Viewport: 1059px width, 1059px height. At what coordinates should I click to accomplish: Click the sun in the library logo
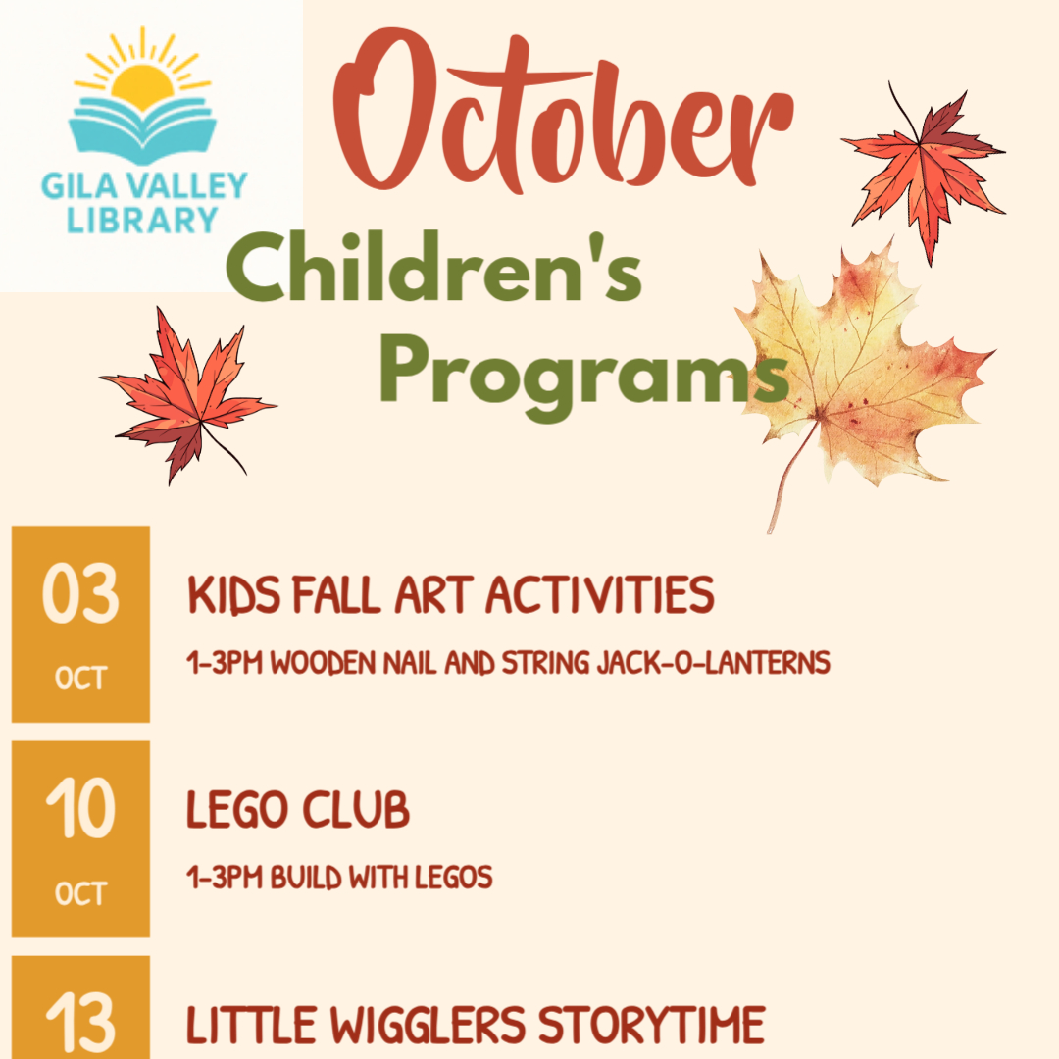tap(142, 75)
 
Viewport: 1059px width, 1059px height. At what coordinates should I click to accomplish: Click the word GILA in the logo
tap(71, 185)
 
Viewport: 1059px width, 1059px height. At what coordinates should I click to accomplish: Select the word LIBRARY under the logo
tap(142, 220)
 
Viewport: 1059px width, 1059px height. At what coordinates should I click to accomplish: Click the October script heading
tap(563, 112)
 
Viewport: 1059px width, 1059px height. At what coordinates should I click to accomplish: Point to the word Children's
tap(433, 268)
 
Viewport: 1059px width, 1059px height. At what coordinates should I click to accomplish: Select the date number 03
tap(80, 593)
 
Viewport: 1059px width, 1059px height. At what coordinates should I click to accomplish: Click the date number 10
tap(80, 808)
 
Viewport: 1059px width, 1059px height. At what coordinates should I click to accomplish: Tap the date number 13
tap(80, 1023)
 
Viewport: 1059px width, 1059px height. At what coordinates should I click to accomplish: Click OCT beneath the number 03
tap(81, 679)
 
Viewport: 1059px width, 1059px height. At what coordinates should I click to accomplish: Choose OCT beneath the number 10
tap(81, 893)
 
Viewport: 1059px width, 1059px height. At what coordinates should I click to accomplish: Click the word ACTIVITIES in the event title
tap(600, 595)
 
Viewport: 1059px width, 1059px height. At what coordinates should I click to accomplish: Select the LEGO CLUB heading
tap(298, 809)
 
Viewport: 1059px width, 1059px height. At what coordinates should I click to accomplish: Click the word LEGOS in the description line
tap(453, 878)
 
